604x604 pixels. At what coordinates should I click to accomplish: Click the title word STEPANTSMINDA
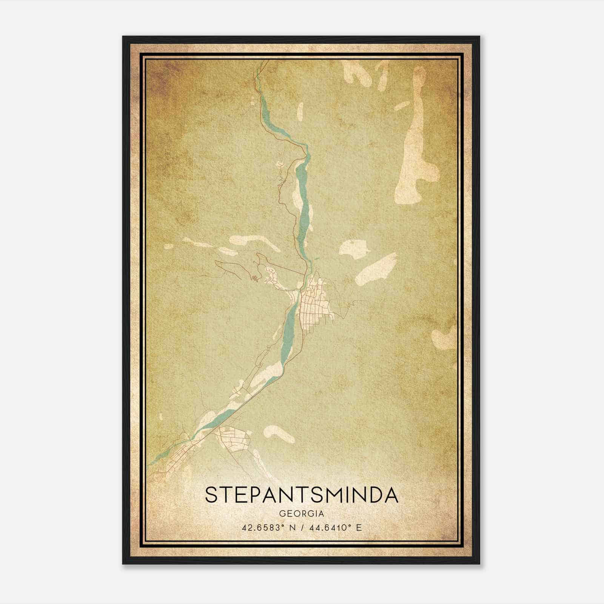coord(301,495)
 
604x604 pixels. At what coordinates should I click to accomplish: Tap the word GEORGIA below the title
coord(301,514)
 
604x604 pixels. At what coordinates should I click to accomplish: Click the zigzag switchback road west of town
coord(254,279)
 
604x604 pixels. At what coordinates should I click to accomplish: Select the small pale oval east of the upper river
coord(300,111)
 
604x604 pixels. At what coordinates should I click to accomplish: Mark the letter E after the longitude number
coord(359,527)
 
